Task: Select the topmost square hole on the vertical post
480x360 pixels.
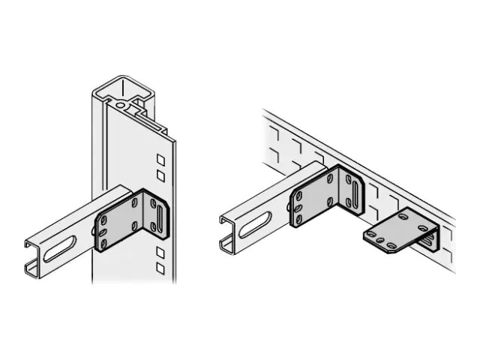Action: tap(160, 160)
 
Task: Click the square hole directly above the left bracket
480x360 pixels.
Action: tap(160, 175)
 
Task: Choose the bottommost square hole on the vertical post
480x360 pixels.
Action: tap(160, 267)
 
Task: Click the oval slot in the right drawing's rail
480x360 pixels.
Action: tap(256, 222)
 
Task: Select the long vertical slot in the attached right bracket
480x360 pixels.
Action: tap(352, 187)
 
